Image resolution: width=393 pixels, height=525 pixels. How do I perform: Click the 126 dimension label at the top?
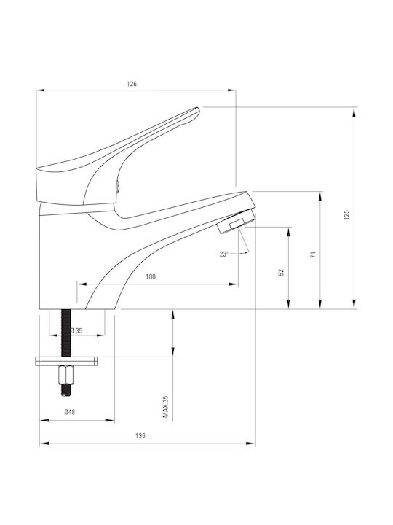132,84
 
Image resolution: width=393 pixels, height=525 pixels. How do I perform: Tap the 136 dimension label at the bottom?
140,436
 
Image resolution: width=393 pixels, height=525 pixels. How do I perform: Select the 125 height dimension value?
346,214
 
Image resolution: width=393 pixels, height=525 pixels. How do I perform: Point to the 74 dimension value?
313,254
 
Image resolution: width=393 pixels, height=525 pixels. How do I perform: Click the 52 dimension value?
282,272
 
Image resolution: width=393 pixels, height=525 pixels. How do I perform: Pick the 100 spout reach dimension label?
151,276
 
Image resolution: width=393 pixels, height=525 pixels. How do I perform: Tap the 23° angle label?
224,254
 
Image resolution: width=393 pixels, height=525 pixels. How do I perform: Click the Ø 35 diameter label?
76,330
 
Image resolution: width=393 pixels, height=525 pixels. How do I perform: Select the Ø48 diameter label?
70,412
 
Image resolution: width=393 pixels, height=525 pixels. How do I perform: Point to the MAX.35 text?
165,406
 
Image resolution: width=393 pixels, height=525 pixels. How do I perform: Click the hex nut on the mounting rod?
65,375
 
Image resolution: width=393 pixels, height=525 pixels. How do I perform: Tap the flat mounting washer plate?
66,361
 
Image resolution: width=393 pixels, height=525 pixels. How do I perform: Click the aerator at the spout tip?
236,222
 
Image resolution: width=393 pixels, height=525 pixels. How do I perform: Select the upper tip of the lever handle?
198,109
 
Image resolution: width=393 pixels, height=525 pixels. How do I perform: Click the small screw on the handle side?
117,187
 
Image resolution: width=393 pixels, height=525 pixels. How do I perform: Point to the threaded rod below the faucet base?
66,332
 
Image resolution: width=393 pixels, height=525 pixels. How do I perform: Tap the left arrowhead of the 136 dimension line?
44,443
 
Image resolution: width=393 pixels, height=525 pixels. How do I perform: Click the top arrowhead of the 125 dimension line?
354,112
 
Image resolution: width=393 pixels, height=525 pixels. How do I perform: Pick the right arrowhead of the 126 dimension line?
231,90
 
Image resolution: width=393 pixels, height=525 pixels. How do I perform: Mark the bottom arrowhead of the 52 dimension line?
289,304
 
